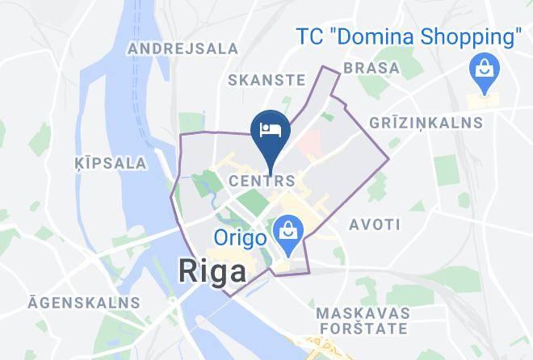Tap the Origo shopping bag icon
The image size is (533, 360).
286,232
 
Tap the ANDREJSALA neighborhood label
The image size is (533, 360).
183,48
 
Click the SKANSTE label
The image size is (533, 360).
266,80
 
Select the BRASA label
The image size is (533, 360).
371,69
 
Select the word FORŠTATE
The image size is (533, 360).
361,329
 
